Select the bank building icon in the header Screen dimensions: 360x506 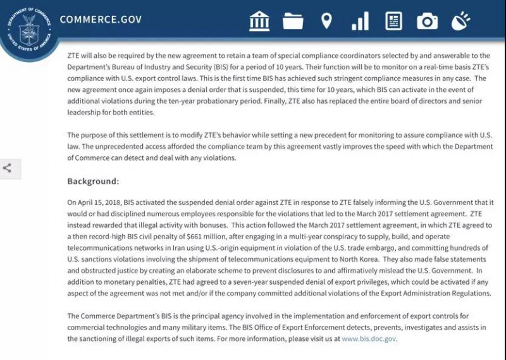pyautogui.click(x=259, y=21)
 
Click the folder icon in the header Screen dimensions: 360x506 pyautogui.click(x=293, y=21)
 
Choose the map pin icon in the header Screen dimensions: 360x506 pyautogui.click(x=326, y=21)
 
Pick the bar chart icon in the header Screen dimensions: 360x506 pyautogui.click(x=360, y=21)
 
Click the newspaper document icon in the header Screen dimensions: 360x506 pyautogui.click(x=393, y=21)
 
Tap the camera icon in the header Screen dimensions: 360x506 pyautogui.click(x=427, y=21)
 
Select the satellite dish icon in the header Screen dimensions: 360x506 pyautogui.click(x=460, y=21)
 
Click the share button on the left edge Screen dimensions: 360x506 pyautogui.click(x=8, y=168)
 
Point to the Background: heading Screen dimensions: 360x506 pyautogui.click(x=93, y=182)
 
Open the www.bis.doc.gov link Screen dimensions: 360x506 pyautogui.click(x=369, y=338)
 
